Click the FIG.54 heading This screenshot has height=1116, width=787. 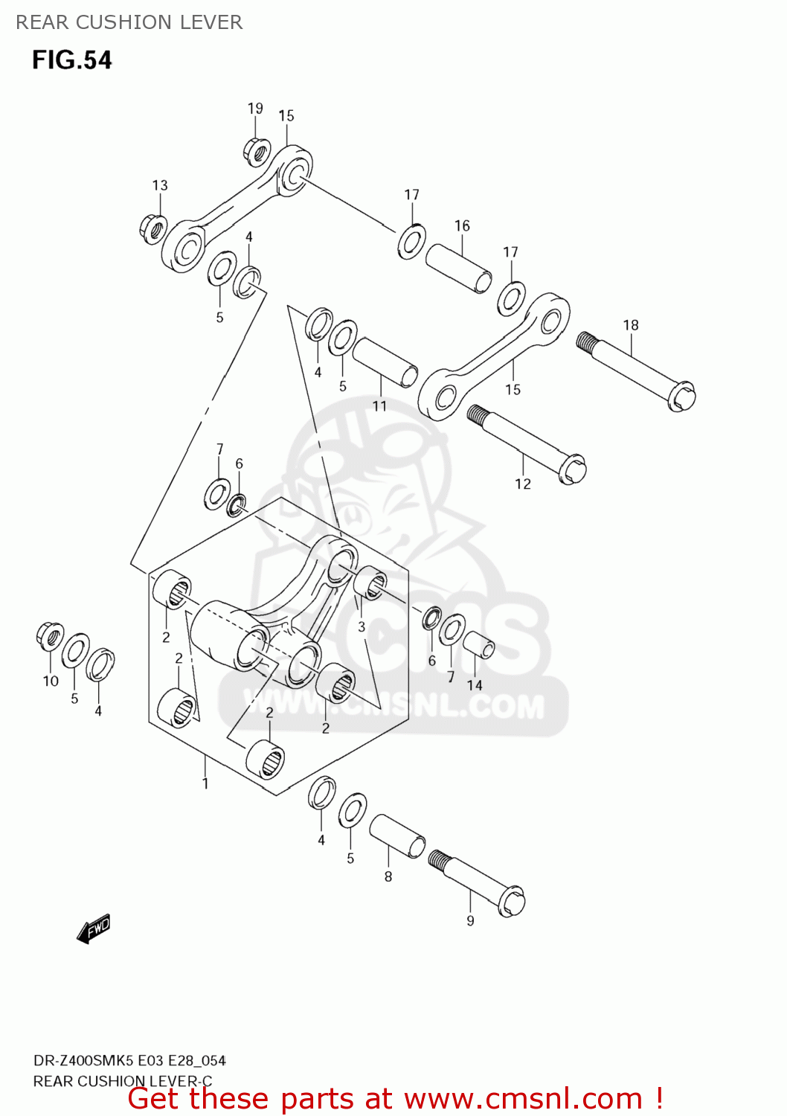72,60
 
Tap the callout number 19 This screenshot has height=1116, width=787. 255,109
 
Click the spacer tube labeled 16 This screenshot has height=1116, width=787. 458,269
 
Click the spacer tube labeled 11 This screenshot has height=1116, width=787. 385,362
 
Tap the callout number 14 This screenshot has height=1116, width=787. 475,684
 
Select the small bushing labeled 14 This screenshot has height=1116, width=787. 479,645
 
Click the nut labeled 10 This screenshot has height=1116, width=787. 50,636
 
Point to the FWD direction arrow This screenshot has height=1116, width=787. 94,929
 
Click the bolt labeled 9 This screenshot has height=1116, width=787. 477,882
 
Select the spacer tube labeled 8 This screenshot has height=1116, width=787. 397,836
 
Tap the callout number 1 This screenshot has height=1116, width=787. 205,783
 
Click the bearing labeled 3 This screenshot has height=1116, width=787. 370,583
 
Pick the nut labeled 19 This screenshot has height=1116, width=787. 257,151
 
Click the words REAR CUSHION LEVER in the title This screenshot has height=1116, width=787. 129,22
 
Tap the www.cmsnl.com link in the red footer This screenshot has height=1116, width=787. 523,1098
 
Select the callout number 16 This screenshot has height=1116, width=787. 462,225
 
